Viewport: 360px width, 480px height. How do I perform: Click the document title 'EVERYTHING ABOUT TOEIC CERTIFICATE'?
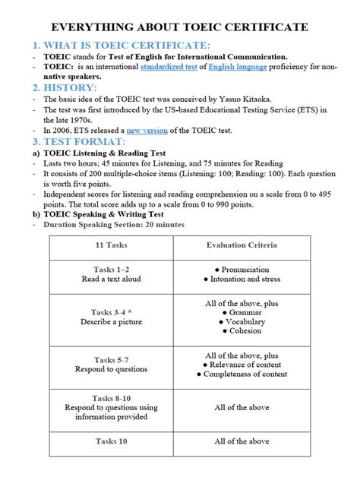coord(180,27)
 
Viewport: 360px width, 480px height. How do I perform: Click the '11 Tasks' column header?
coord(111,245)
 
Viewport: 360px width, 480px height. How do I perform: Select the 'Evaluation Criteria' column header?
coord(242,245)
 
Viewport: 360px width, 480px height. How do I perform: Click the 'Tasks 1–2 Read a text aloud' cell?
coord(111,274)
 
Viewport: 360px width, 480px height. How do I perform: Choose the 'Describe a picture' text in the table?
coord(111,322)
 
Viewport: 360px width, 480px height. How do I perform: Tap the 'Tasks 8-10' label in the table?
coord(111,398)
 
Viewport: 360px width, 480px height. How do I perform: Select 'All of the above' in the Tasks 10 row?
coord(242,441)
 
